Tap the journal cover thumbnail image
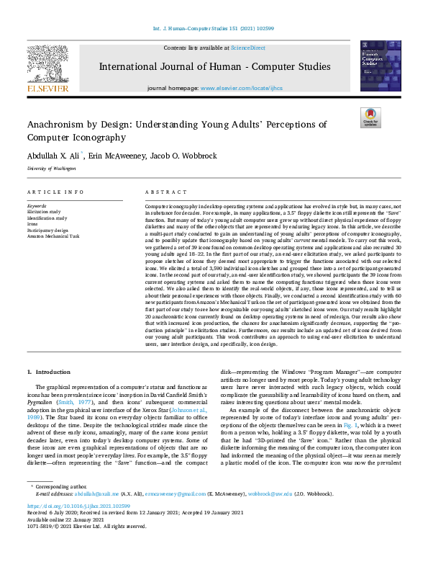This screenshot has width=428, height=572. coord(380,65)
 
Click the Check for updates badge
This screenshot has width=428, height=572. coord(370,117)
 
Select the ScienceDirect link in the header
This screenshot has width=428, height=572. coord(247,48)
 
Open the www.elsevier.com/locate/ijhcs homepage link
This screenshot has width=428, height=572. coord(244,88)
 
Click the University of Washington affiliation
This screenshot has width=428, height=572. coord(51,168)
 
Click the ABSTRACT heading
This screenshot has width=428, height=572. coord(162,193)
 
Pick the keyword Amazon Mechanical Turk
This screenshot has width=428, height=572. coord(54,236)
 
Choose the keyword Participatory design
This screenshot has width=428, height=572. coord(48,230)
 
